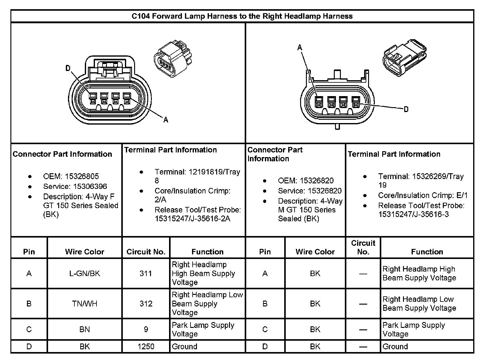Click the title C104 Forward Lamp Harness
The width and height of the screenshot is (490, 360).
(x=242, y=16)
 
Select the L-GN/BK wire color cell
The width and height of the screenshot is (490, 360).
(x=85, y=273)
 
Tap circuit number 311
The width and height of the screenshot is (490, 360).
(x=146, y=273)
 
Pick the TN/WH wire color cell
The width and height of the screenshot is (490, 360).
(x=85, y=304)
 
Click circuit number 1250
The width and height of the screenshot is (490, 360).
(x=146, y=347)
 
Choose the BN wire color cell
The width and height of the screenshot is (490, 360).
(x=85, y=329)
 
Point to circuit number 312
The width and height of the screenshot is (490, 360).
(x=146, y=304)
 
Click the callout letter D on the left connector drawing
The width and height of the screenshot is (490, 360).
(x=68, y=68)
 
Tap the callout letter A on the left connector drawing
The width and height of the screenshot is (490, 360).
(x=166, y=120)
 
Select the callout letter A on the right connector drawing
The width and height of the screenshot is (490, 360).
(x=300, y=47)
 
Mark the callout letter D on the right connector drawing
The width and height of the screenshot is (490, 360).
(x=406, y=109)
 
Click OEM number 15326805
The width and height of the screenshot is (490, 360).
(x=82, y=176)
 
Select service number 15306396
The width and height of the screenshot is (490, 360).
(x=86, y=186)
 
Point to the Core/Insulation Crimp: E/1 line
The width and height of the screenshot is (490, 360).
(x=423, y=195)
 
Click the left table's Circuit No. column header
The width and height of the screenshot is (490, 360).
(x=146, y=252)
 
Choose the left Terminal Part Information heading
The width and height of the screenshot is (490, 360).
(x=171, y=150)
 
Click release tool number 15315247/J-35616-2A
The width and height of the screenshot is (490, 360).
(x=193, y=219)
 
